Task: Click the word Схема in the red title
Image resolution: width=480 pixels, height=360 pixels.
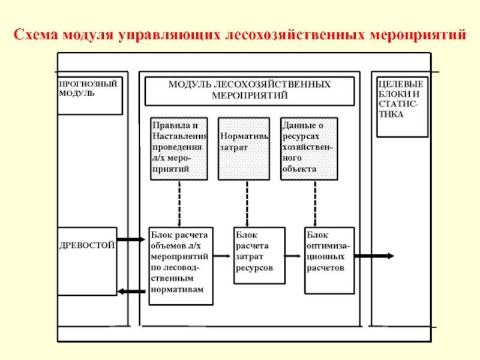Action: (x=36, y=34)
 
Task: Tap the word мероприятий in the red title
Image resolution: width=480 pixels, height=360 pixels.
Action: (x=418, y=35)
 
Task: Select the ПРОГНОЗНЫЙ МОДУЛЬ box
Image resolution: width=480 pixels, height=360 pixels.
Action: (x=90, y=96)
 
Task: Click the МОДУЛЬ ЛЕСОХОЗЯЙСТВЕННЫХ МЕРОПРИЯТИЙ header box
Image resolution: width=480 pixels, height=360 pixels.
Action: (x=250, y=91)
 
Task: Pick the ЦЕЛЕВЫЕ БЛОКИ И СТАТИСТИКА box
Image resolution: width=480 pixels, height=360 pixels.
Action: (x=402, y=107)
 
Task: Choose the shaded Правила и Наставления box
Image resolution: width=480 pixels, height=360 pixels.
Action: (x=179, y=148)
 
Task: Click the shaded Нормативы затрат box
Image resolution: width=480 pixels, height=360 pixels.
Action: (x=244, y=148)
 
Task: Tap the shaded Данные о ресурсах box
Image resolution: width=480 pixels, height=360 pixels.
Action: (x=309, y=148)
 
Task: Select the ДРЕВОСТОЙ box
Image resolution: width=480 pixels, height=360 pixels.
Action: (x=87, y=261)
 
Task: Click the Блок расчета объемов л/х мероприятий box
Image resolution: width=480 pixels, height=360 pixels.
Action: (x=181, y=266)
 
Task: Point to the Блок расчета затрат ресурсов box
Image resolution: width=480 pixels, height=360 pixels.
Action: (x=260, y=256)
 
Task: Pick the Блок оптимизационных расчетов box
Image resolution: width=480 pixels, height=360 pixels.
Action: (x=329, y=260)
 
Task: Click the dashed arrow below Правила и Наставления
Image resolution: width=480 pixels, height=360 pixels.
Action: (x=179, y=203)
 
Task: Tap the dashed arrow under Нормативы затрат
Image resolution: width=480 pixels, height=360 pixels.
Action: (x=247, y=203)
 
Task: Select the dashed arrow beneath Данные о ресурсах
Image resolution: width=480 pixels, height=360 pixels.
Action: (x=315, y=203)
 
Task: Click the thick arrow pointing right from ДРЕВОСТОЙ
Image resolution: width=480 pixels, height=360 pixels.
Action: (x=131, y=239)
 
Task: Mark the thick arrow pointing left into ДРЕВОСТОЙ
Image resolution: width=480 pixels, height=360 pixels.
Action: (x=131, y=291)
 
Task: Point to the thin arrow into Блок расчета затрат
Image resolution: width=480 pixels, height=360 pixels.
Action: (x=222, y=256)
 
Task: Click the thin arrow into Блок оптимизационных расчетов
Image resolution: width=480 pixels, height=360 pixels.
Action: (x=293, y=256)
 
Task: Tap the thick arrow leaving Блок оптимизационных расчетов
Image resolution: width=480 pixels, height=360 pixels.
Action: (x=374, y=256)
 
